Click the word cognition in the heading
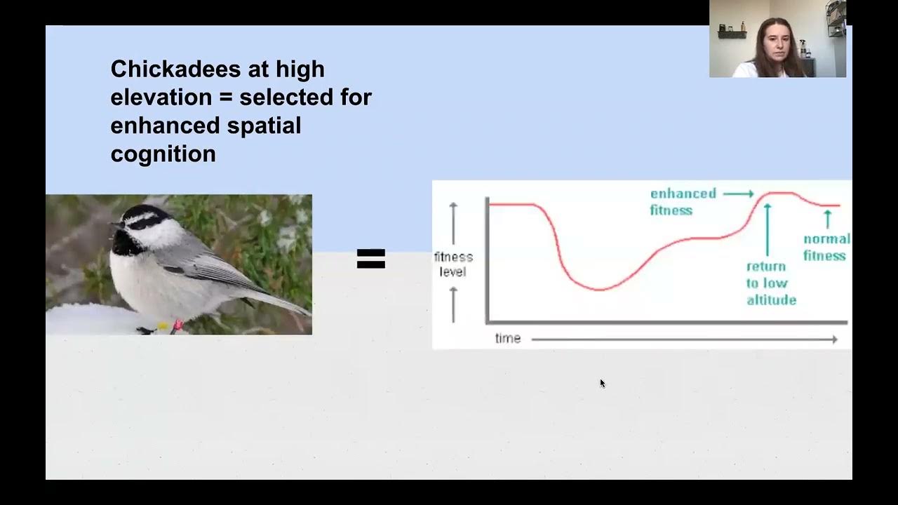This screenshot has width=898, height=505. [x=163, y=154]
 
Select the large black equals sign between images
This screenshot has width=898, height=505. [x=371, y=259]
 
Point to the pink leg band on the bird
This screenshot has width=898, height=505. [x=177, y=324]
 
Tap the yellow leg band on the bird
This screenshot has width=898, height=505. [x=163, y=326]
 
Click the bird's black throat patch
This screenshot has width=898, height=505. [x=126, y=243]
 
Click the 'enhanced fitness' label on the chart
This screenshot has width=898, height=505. [x=682, y=202]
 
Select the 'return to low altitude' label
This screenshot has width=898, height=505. [x=770, y=283]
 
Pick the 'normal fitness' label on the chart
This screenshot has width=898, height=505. [x=826, y=247]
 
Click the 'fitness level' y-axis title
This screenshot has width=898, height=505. [x=453, y=264]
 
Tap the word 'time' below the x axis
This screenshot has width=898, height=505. [x=508, y=339]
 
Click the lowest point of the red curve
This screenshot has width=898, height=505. [x=599, y=289]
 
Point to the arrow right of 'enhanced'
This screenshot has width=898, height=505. [x=738, y=194]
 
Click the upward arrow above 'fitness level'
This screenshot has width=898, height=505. [x=453, y=222]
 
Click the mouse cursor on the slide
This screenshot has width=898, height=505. [x=602, y=383]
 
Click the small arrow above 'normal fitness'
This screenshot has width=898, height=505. [x=828, y=219]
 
